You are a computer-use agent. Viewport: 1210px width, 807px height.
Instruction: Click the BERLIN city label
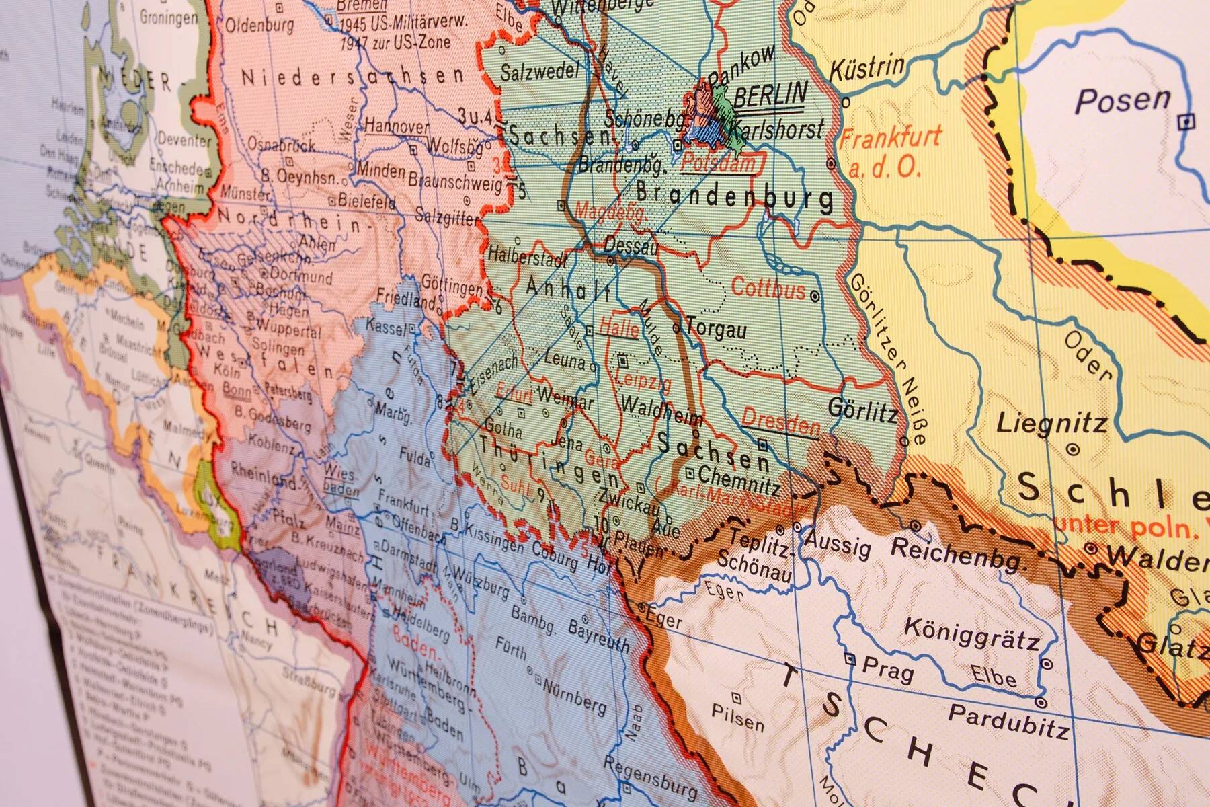point(770,95)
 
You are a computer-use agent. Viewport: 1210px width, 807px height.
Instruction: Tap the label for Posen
point(1123,101)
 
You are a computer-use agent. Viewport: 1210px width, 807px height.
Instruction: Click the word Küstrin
point(867,69)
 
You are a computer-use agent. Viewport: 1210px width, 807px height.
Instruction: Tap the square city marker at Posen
point(1188,122)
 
